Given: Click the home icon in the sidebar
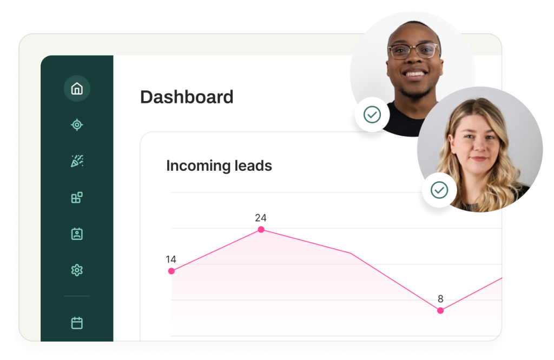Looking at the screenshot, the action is (77, 88).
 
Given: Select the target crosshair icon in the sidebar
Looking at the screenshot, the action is (77, 124).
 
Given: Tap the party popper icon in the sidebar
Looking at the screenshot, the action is (77, 161).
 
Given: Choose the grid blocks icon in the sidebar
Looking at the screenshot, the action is (77, 198).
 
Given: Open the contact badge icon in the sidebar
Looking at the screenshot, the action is (77, 234).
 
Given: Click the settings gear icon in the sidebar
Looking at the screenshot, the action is (77, 270).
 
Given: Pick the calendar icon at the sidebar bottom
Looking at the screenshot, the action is (77, 323).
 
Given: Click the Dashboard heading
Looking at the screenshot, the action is (187, 97).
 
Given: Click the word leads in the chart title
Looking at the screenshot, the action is (253, 165).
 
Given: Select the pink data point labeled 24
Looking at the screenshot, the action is (261, 229).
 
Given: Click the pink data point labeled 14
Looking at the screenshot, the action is (172, 271).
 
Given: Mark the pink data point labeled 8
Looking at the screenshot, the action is (440, 311).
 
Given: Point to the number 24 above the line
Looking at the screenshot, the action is (261, 218).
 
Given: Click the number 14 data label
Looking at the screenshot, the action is (171, 259).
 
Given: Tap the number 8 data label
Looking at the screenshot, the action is (440, 299).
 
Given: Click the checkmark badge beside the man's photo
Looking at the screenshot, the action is (372, 115).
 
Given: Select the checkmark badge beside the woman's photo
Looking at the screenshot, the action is (439, 190).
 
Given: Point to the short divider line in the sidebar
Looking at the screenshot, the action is (77, 296).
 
